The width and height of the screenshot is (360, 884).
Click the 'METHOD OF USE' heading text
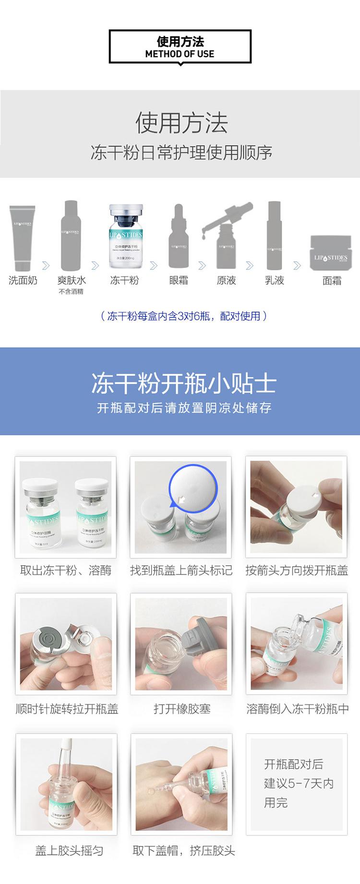tap(180, 54)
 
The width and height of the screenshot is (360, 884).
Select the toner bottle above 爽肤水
tap(71, 236)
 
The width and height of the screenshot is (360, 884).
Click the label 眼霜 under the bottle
tap(179, 280)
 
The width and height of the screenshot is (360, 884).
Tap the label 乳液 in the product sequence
tap(275, 280)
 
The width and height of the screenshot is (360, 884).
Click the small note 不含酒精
tap(71, 291)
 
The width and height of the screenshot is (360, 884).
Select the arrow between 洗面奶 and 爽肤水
tap(46, 265)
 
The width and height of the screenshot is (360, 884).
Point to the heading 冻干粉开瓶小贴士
tap(184, 383)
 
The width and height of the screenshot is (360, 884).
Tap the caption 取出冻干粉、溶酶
tap(66, 570)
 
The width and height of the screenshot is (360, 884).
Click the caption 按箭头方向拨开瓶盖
tap(297, 570)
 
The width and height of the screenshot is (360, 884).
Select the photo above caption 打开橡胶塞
tap(181, 644)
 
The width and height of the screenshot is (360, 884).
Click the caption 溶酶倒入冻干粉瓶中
tap(297, 709)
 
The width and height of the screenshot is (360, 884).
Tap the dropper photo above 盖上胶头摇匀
tap(66, 785)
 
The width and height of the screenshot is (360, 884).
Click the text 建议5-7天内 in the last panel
tap(299, 784)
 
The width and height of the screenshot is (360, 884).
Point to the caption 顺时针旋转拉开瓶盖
tap(67, 709)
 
